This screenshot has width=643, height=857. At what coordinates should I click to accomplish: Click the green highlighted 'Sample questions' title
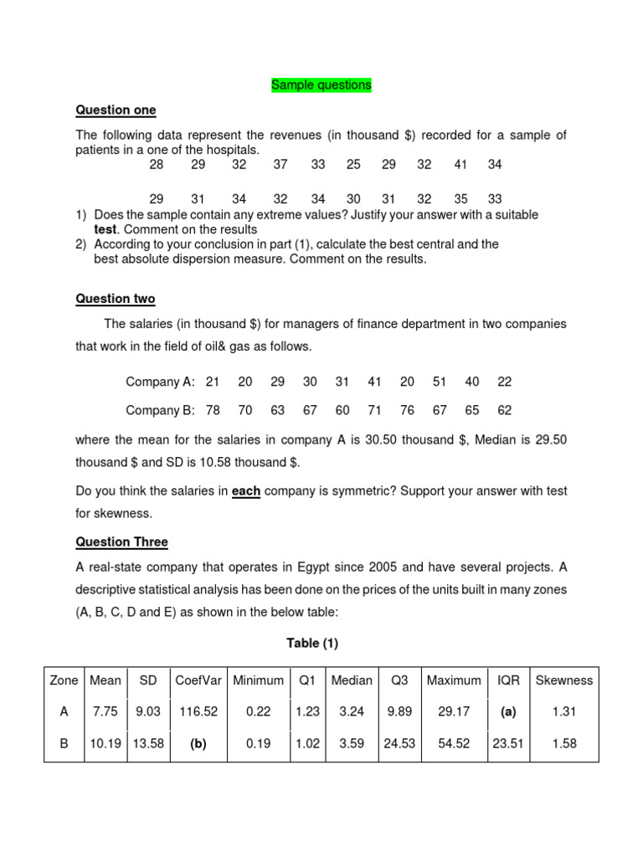[x=321, y=85]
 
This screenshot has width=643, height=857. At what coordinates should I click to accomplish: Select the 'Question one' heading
[x=116, y=110]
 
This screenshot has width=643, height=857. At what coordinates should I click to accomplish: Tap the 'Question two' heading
[x=115, y=299]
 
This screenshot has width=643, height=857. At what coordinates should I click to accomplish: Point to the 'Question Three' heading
[x=121, y=541]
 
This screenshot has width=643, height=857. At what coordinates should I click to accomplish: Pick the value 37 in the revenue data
[x=280, y=165]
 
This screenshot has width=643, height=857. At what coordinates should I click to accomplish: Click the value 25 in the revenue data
[x=353, y=165]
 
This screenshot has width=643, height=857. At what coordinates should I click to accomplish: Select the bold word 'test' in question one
[x=106, y=229]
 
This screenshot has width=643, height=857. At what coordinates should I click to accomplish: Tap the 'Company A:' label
[x=160, y=382]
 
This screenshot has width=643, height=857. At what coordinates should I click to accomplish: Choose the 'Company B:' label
[x=160, y=410]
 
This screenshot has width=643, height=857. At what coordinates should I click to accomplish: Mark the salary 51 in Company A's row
[x=440, y=382]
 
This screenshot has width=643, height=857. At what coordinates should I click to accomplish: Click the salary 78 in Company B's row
[x=213, y=410]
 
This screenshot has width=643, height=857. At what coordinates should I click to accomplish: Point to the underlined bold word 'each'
[x=246, y=492]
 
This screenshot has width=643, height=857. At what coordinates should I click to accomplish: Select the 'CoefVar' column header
[x=198, y=680]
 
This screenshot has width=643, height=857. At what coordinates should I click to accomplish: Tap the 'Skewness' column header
[x=563, y=680]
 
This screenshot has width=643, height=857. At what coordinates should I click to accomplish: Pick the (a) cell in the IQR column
[x=508, y=711]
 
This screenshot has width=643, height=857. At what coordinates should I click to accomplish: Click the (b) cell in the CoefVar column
[x=198, y=743]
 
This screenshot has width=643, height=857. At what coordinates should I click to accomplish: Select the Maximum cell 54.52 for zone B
[x=454, y=743]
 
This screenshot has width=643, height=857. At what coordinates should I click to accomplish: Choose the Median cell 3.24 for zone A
[x=352, y=711]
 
